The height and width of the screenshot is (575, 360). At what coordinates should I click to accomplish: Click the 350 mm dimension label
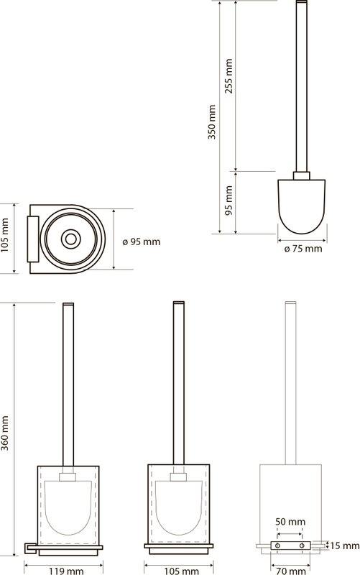212,121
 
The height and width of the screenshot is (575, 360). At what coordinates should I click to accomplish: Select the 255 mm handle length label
229,76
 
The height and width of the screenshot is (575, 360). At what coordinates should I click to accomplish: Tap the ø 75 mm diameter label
303,249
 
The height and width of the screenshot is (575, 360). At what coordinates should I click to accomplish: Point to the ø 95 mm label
142,241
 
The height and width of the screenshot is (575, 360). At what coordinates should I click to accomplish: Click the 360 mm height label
4,433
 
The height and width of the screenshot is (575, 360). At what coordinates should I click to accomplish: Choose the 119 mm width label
66,571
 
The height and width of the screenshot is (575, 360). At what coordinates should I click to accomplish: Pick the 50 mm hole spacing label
290,521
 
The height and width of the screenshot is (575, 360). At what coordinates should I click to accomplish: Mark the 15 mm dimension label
345,546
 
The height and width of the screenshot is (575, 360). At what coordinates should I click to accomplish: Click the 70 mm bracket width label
290,571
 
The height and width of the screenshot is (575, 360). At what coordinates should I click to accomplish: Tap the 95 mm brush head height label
229,201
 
